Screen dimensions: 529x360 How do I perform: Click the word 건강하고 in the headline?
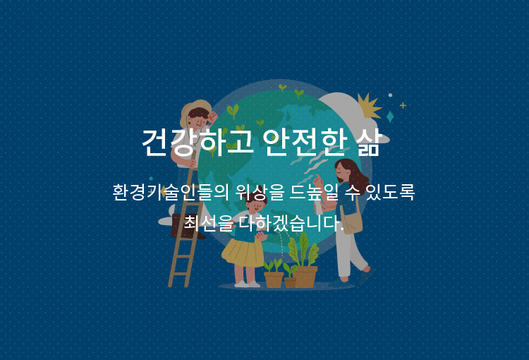[x=197, y=142]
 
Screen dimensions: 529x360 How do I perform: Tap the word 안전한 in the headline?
[x=305, y=142]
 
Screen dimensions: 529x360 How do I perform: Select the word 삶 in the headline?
[x=368, y=142]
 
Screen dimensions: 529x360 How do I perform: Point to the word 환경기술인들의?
[x=171, y=192]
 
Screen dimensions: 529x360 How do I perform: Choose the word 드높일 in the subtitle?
[x=314, y=192]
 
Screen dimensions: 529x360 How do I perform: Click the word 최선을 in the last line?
[x=209, y=223]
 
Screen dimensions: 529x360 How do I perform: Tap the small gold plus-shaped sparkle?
[x=403, y=105]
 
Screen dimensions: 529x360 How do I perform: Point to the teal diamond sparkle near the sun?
[x=390, y=116]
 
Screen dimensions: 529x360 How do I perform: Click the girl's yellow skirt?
[x=243, y=253]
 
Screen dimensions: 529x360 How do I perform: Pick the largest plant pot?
[x=305, y=277]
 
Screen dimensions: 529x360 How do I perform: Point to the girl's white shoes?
[x=248, y=284]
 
